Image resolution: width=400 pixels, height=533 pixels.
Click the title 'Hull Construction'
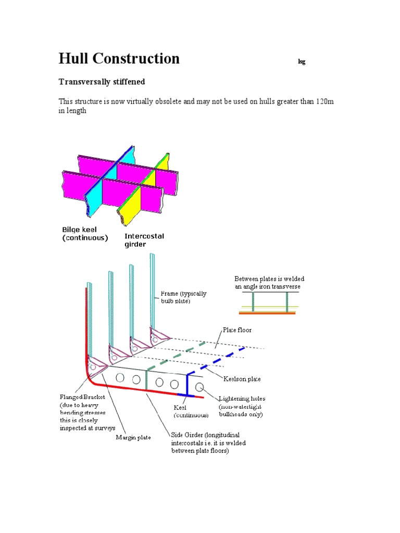[x=119, y=58]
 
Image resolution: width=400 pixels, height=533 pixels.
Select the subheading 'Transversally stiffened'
[x=102, y=82]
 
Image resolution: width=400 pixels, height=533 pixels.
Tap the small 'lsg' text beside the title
[x=301, y=62]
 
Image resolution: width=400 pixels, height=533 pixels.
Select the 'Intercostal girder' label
[x=144, y=240]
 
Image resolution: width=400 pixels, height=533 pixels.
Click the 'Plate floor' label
[x=237, y=330]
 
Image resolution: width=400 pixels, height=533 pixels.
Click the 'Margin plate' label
[x=133, y=437]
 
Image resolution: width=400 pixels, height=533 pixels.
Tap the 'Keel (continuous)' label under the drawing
[x=191, y=412]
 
